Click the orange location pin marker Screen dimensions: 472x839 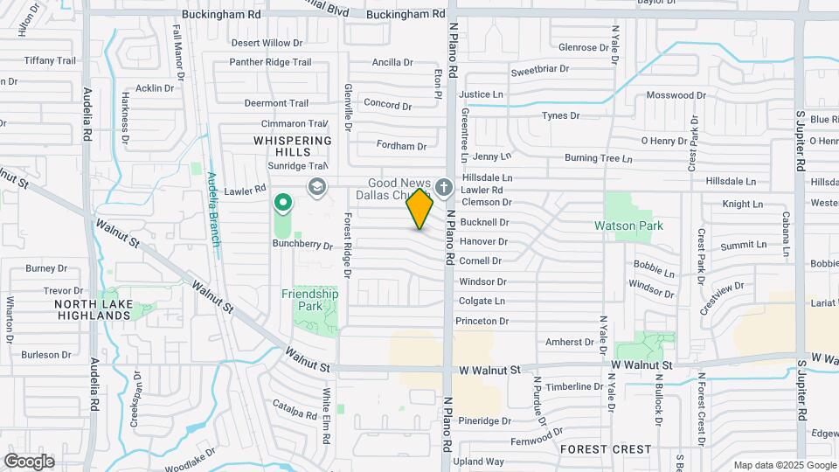coord(419,209)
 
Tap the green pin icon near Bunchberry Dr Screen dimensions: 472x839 coord(282,205)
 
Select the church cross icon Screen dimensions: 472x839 coord(443,187)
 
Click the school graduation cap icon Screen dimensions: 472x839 coord(315,187)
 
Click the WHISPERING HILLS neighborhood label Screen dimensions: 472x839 coord(292,146)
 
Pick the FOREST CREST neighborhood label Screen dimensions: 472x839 coord(606,449)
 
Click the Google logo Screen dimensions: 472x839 coord(29,461)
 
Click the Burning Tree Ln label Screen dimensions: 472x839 coord(598,158)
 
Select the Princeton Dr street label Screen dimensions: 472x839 coord(483,321)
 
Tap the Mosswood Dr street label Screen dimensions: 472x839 coord(676,94)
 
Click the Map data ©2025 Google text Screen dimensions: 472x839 coord(783,465)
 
